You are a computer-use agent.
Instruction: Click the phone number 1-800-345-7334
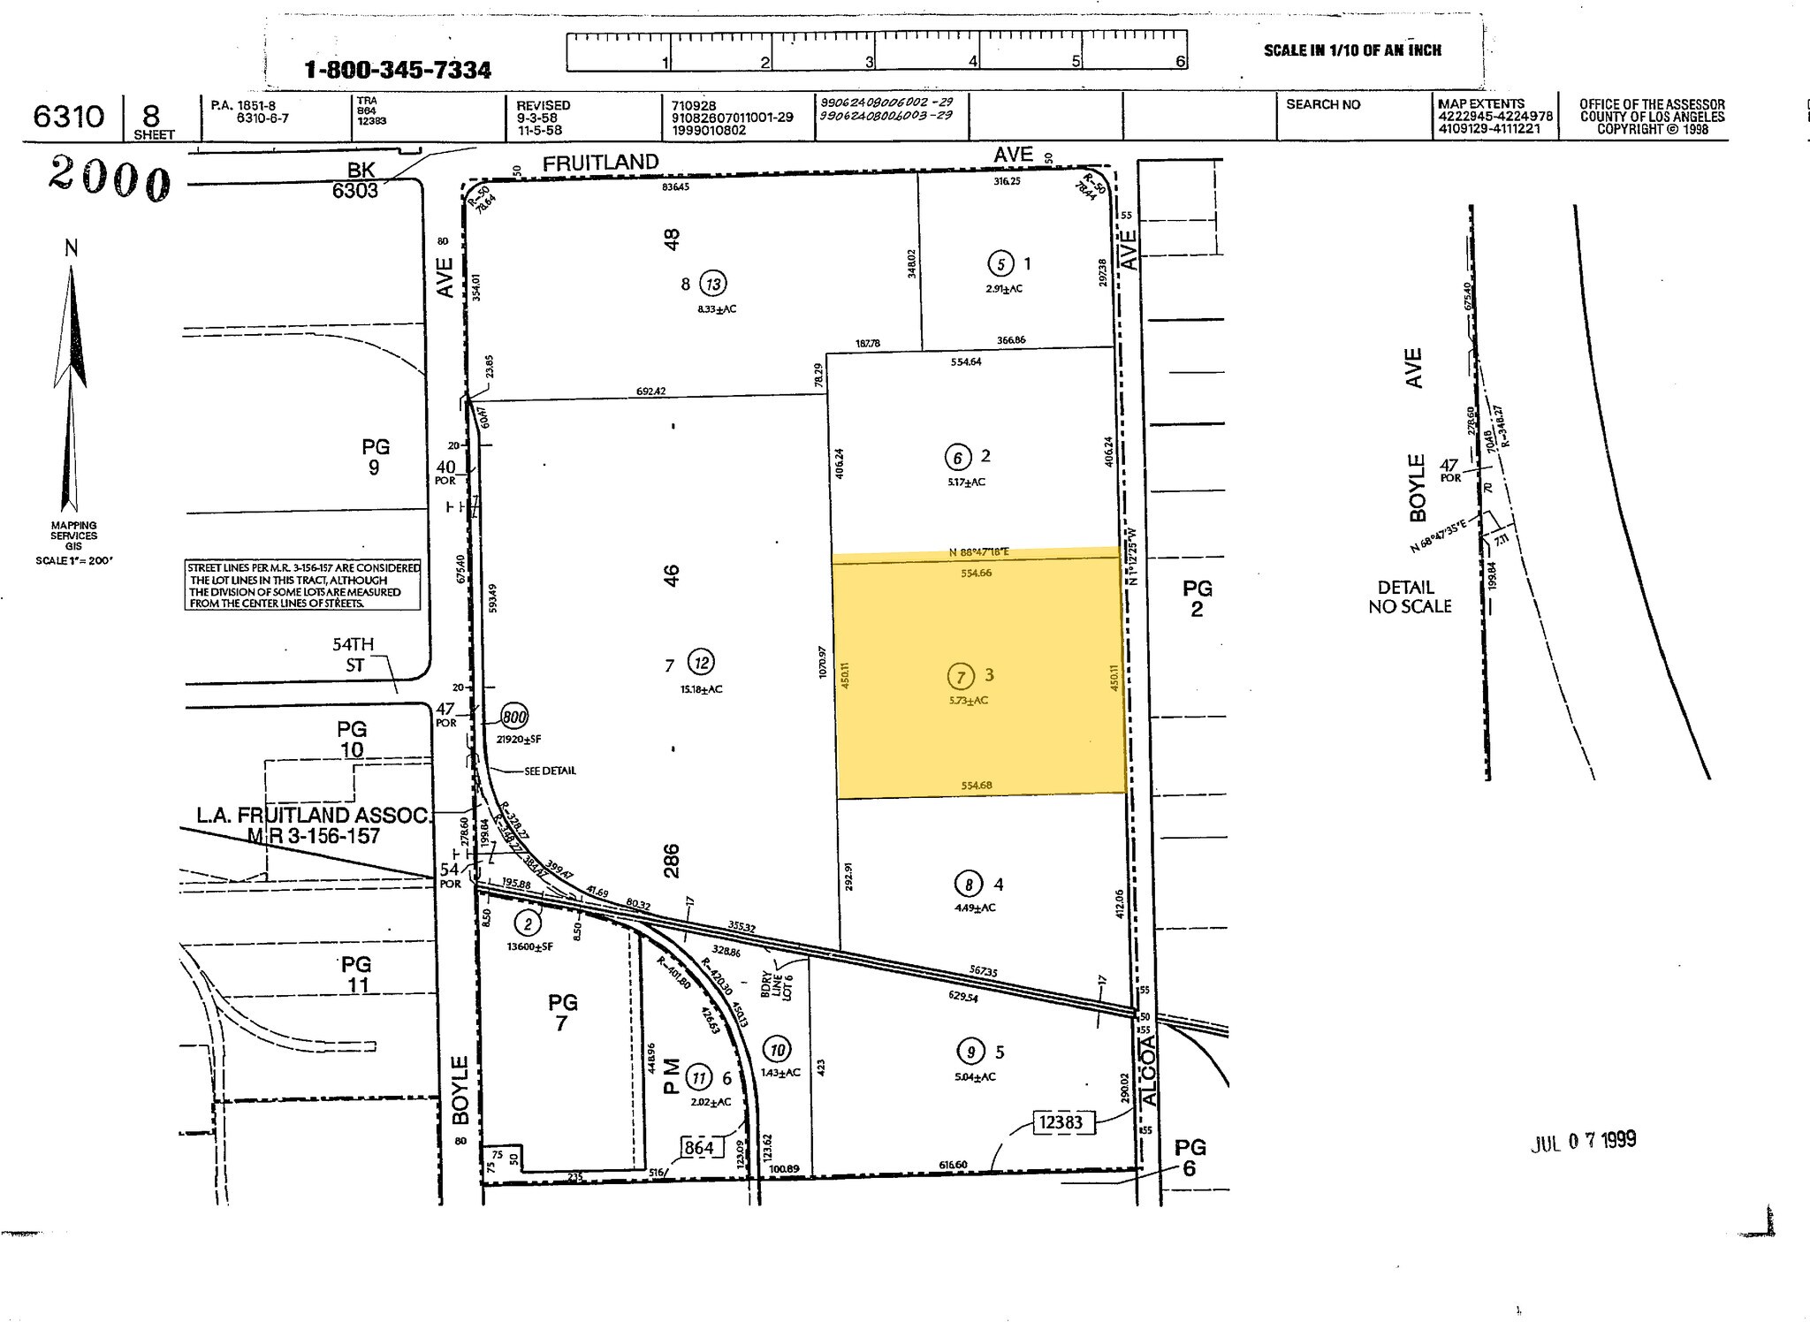point(398,70)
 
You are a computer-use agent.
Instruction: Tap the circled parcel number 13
point(713,284)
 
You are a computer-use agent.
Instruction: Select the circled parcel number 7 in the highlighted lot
point(960,676)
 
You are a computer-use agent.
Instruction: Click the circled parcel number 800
point(514,717)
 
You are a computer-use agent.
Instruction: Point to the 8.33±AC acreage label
point(717,309)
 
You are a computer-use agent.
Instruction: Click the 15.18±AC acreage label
point(702,689)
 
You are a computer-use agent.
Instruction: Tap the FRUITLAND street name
point(600,163)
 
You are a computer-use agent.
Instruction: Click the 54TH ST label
point(354,655)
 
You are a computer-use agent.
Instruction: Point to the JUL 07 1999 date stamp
point(1583,1141)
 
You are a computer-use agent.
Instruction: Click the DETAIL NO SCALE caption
point(1410,597)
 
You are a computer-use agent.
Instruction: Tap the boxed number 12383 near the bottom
point(1061,1123)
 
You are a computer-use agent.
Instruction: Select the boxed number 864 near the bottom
point(699,1148)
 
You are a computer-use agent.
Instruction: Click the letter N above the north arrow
point(72,248)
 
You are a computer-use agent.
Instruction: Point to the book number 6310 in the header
point(69,117)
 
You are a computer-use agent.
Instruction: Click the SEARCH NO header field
point(1323,105)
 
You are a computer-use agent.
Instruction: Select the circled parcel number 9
point(970,1052)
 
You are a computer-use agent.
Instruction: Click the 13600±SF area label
point(530,946)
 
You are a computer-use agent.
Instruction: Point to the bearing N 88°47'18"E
point(978,552)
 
